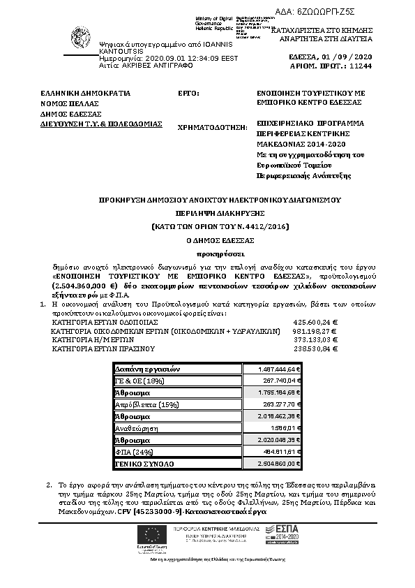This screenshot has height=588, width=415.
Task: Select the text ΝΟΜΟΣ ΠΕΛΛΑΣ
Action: pos(67,103)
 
